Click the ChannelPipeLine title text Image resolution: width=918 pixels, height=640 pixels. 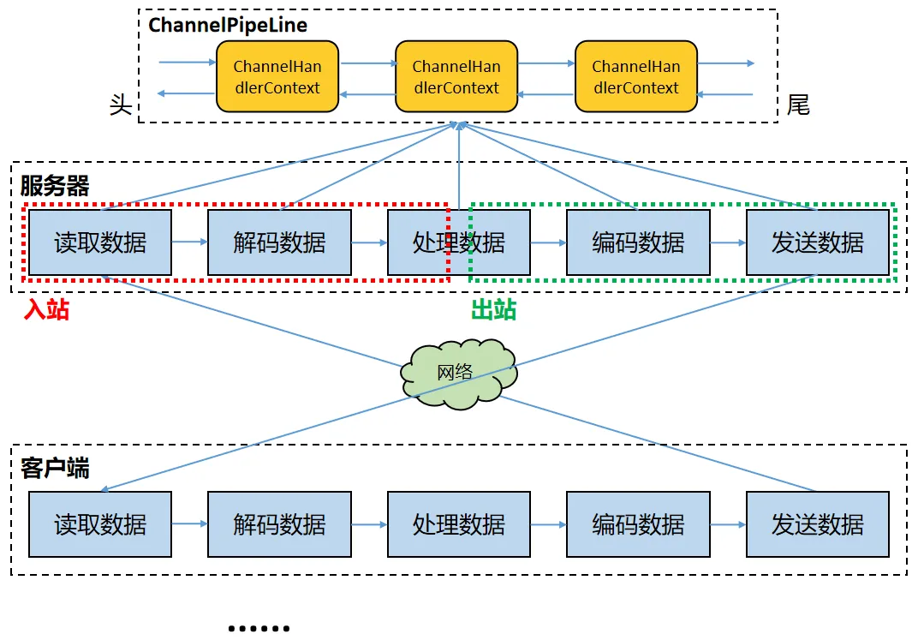point(228,25)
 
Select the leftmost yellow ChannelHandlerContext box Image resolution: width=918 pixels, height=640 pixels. point(277,77)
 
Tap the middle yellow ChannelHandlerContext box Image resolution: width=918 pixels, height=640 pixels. point(456,77)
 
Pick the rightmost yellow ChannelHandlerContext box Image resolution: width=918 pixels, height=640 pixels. point(635,77)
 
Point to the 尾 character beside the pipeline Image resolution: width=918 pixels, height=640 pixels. point(798,105)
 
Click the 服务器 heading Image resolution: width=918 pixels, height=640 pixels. point(55,186)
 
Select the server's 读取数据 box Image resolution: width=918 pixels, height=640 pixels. point(100,242)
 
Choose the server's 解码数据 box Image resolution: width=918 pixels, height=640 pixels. point(279,242)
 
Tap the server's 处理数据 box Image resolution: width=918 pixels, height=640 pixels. point(458,242)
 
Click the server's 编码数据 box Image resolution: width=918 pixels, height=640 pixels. point(638,242)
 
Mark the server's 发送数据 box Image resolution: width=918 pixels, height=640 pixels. point(817,242)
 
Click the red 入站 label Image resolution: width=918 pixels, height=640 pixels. point(46,309)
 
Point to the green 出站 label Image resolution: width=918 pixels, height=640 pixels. point(494,309)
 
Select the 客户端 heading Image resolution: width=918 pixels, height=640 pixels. point(55,468)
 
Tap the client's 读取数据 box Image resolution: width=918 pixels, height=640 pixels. point(100,524)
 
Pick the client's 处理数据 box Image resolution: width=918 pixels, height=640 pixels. point(458,524)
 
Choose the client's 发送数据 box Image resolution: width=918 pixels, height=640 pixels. point(817,524)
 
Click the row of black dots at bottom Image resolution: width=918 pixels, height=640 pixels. point(259,628)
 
